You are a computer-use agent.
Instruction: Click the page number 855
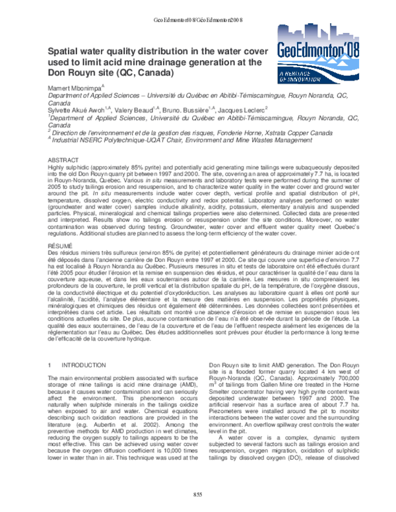click(x=197, y=496)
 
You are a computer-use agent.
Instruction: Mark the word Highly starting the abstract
click(x=57, y=168)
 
